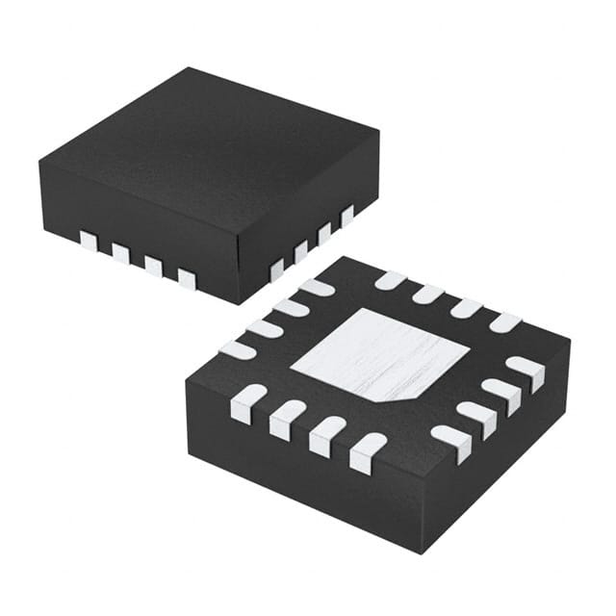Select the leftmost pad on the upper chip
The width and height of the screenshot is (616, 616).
tap(89, 240)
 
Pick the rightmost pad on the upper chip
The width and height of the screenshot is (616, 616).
tap(347, 216)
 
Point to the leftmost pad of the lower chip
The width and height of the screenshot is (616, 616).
tap(236, 350)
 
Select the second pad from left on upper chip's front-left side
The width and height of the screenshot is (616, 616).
tap(120, 253)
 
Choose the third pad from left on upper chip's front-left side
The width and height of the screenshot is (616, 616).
tap(153, 266)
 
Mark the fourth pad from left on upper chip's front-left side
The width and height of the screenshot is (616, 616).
tap(186, 279)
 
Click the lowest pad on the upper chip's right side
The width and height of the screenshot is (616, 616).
tap(277, 269)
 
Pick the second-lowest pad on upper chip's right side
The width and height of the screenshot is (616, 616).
tap(301, 251)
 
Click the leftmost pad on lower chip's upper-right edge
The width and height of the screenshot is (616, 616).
tap(390, 280)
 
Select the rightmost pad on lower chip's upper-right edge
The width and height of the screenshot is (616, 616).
tap(504, 322)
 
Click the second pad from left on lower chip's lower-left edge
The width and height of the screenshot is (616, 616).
tap(287, 420)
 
